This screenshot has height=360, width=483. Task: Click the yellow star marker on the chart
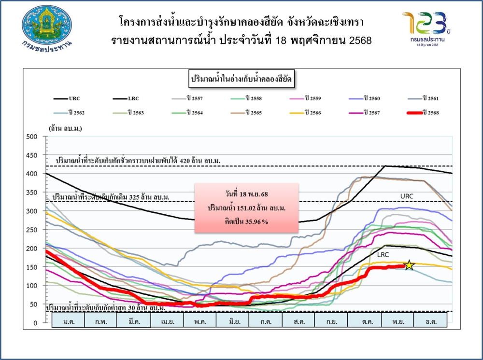pyautogui.click(x=409, y=265)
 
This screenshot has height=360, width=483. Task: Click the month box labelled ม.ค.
pyautogui.click(x=68, y=321)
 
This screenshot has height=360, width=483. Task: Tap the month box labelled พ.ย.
pyautogui.click(x=397, y=321)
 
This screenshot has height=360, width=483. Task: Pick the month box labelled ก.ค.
pyautogui.click(x=265, y=321)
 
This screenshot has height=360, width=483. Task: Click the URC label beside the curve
pyautogui.click(x=407, y=196)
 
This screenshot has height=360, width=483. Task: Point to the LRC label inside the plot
pyautogui.click(x=384, y=254)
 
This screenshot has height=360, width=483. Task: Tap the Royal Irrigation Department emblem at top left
pyautogui.click(x=47, y=25)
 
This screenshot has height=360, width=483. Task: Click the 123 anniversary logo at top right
pyautogui.click(x=425, y=27)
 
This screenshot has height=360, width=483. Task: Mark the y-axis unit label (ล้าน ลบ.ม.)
pyautogui.click(x=65, y=128)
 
